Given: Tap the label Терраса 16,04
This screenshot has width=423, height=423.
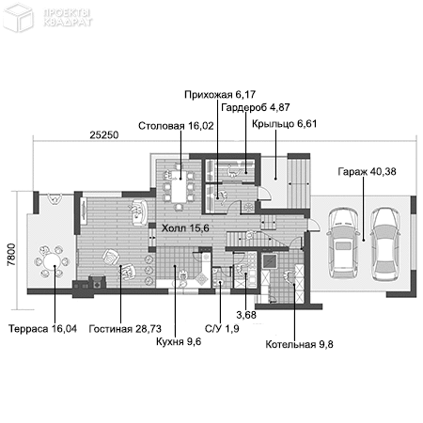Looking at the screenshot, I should coord(40,329).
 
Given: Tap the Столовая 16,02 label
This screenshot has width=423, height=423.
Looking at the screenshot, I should coord(174,125).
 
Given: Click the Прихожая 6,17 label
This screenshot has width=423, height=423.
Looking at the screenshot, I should coord(216,95).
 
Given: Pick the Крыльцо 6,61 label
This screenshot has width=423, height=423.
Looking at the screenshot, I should coord(284,123).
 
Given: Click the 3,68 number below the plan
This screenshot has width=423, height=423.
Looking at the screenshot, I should coord(245,314).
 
